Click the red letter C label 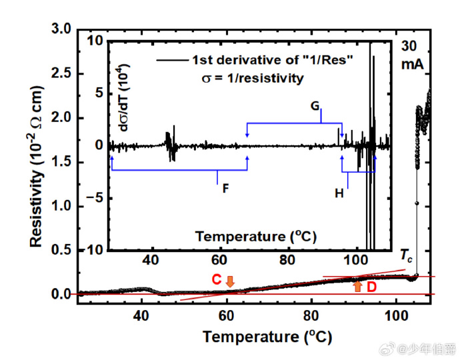(x=217, y=280)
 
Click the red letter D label (x=372, y=286)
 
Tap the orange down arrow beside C (x=230, y=281)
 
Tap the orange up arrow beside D (x=358, y=287)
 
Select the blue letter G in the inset (x=315, y=106)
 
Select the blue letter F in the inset (x=225, y=188)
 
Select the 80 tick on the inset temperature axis (x=287, y=259)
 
